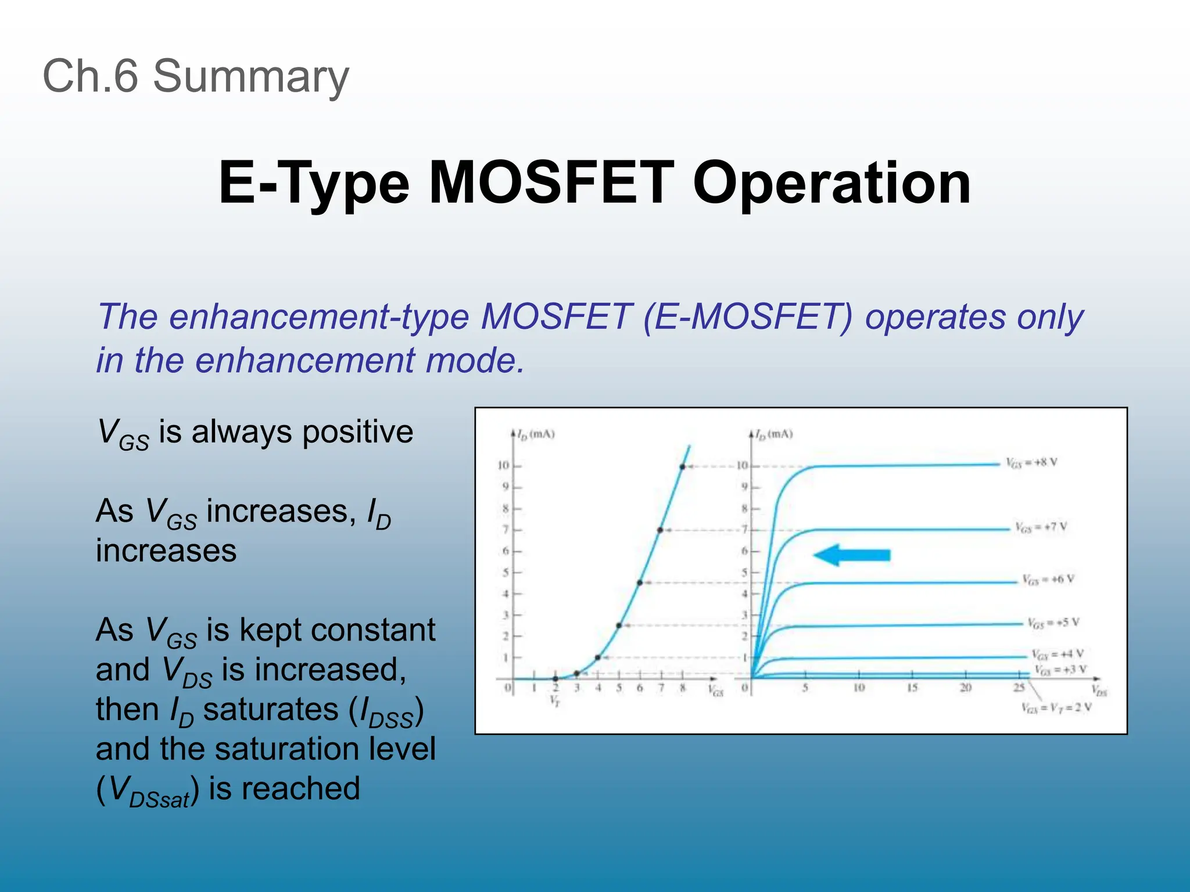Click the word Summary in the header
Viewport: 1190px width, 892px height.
point(250,77)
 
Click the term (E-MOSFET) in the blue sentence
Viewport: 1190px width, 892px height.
point(748,317)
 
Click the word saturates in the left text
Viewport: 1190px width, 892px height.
point(271,710)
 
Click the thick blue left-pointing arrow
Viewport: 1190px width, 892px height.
point(852,555)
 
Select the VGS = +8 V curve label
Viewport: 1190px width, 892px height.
point(1031,463)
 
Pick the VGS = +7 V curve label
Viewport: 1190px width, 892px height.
point(1041,527)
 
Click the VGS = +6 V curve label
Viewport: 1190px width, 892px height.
point(1048,580)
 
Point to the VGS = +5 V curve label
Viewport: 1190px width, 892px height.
point(1053,623)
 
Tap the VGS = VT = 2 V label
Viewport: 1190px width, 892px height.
point(1056,707)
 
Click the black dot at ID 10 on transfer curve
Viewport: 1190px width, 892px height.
point(682,466)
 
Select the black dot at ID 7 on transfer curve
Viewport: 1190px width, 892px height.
point(661,530)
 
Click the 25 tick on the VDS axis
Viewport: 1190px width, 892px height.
point(1019,688)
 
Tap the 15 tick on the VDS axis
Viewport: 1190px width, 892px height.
point(912,688)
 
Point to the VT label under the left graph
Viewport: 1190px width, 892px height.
point(555,701)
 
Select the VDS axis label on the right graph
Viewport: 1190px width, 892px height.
point(1099,691)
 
